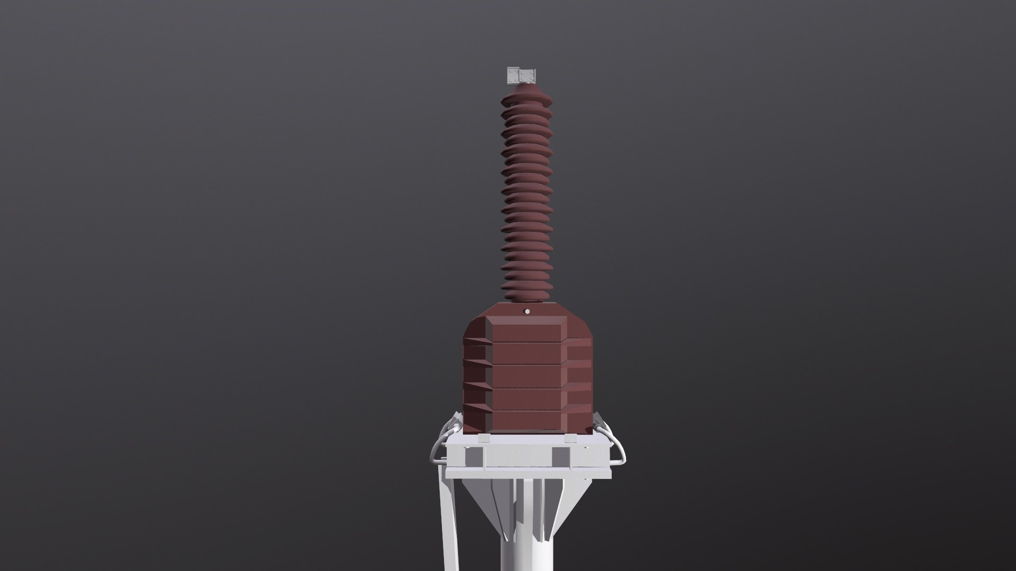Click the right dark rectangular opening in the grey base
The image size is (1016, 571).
coord(561,457)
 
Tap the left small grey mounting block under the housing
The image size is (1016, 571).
coord(484,438)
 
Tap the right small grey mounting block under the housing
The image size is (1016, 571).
coord(570,438)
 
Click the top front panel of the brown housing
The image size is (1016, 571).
coord(527,330)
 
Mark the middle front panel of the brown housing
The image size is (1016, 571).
coord(527,376)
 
